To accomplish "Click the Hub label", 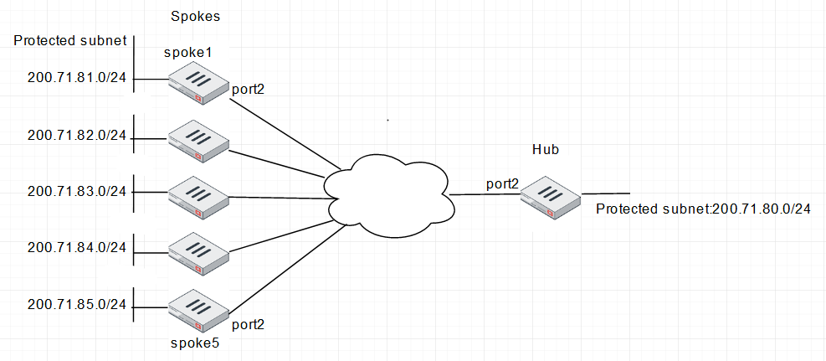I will [x=545, y=150].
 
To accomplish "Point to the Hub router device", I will [x=550, y=198].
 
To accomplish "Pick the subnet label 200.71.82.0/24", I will [x=76, y=135].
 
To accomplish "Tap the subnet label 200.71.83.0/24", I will [x=76, y=191].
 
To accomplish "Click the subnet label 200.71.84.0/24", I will [x=76, y=247].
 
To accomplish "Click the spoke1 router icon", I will [x=198, y=85].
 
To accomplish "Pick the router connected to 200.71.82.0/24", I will [x=198, y=141].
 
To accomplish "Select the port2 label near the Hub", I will [x=501, y=183].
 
